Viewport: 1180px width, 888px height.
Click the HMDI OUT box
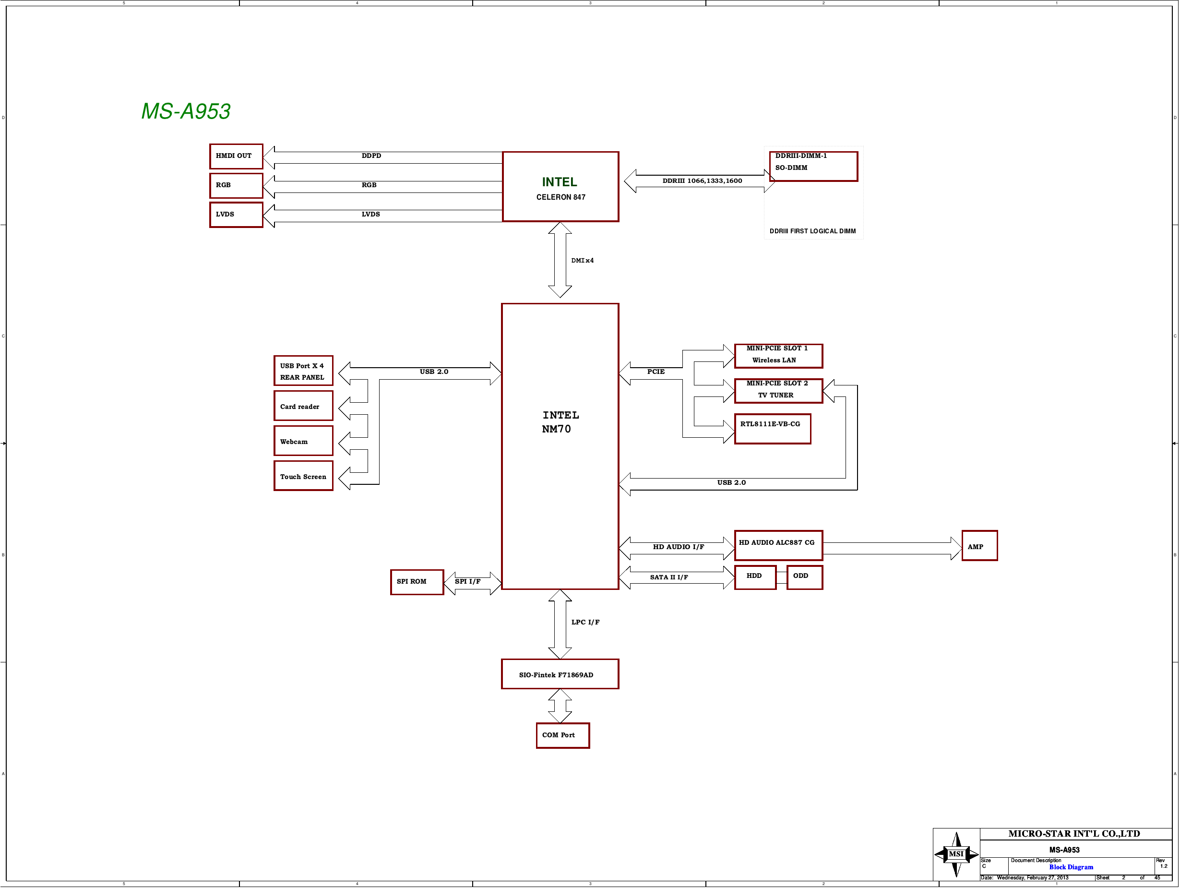[236, 156]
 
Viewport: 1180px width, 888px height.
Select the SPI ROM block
[417, 582]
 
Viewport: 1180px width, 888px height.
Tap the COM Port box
[563, 735]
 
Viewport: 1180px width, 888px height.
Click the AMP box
[979, 545]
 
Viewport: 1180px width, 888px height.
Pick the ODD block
[804, 577]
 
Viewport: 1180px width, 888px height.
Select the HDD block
[755, 577]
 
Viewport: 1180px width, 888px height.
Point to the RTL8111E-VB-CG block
[773, 429]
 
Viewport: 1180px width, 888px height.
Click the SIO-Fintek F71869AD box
[560, 674]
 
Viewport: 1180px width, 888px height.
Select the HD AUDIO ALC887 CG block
[778, 545]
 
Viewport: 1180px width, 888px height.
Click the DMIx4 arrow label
[582, 261]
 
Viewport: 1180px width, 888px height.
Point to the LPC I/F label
[585, 622]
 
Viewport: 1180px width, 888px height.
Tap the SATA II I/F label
[669, 577]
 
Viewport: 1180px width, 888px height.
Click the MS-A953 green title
[186, 111]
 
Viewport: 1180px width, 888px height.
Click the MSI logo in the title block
[956, 854]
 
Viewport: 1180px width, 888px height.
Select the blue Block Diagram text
[1071, 867]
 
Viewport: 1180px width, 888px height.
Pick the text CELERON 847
[560, 197]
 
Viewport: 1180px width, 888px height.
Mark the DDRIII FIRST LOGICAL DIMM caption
[812, 231]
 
